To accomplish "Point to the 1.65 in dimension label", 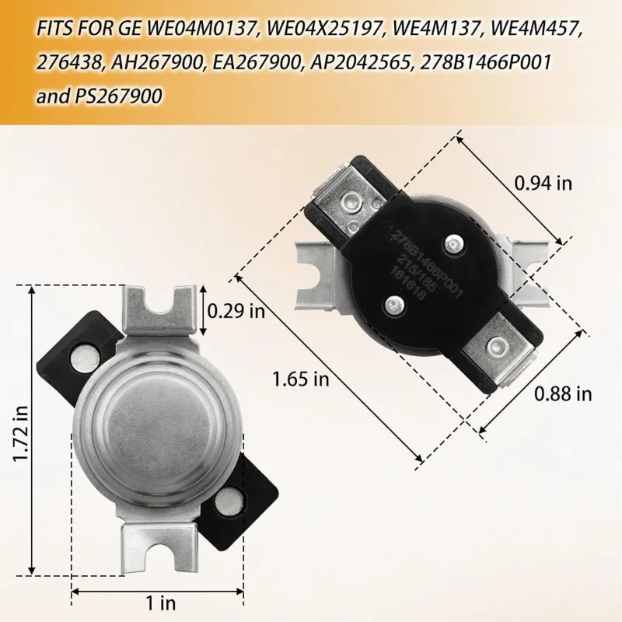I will point(301,380).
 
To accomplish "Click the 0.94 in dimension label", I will point(543,183).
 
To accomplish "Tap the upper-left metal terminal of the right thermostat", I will point(348,202).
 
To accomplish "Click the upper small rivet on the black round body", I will point(452,245).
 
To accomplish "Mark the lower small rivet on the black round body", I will point(394,306).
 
